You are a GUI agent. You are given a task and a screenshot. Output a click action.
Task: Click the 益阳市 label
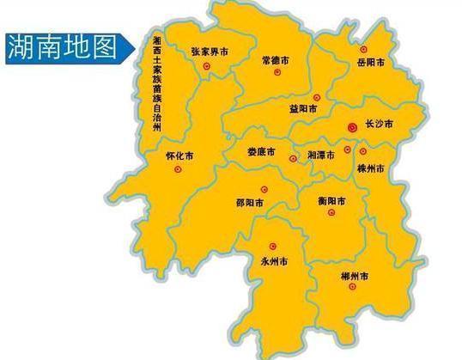coord(303,109)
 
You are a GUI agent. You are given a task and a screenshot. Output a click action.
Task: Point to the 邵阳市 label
coord(248,203)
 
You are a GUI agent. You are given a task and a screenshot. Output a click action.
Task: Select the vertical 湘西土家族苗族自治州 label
coord(156,84)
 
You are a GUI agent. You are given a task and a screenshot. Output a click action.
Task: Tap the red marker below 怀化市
coord(178,169)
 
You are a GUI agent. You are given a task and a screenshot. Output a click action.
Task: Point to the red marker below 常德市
coord(277,73)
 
